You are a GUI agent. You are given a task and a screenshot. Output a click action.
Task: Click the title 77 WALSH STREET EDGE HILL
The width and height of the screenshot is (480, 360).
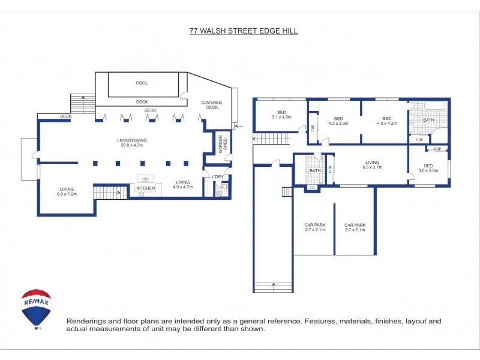244,31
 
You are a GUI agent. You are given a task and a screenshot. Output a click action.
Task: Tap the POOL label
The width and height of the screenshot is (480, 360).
142,83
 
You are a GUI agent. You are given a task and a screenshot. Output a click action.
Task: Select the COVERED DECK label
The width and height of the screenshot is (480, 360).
212,104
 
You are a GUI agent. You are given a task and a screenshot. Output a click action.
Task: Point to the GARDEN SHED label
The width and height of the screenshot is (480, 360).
223,144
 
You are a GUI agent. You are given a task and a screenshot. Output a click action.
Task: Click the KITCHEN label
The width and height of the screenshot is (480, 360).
145,188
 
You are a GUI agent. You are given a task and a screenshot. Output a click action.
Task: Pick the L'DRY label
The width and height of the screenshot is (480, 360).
218,177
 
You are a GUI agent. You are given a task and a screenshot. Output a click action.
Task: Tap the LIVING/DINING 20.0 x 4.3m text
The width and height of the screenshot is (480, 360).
132,143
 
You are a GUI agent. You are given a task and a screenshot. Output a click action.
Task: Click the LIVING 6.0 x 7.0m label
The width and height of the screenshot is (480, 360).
67,191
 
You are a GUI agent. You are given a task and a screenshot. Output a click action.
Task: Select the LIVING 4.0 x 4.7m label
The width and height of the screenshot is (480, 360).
183,185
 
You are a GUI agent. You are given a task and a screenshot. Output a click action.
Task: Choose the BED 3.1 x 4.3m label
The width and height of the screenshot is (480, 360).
281,115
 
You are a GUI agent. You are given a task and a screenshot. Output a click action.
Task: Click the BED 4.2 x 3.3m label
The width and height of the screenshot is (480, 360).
338,121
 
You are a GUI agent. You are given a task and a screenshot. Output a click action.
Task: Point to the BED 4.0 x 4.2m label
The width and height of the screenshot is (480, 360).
387,121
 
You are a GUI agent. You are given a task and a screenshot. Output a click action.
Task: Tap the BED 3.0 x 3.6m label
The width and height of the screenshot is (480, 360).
428,169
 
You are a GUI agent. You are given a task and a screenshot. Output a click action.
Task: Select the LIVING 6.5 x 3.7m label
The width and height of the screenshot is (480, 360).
372,164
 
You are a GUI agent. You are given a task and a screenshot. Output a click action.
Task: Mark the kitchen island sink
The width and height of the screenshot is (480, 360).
145,179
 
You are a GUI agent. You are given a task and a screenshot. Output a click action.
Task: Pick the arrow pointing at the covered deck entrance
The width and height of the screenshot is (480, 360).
239,126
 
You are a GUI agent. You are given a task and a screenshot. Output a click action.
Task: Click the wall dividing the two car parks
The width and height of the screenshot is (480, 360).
334,229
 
